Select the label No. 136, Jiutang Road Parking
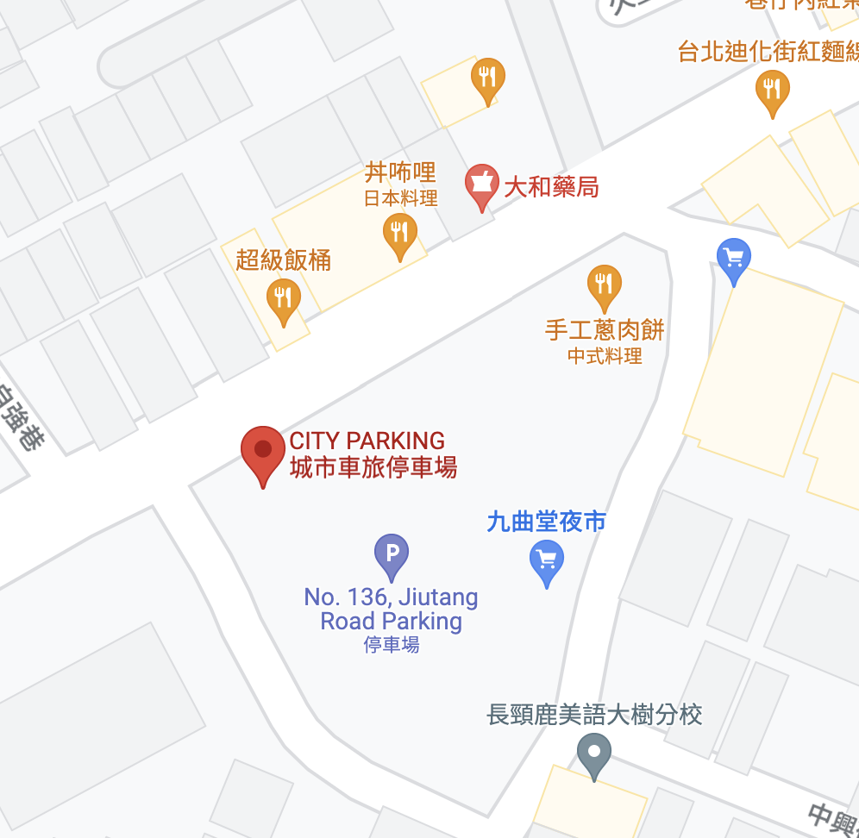pyautogui.click(x=392, y=609)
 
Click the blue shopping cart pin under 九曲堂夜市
pyautogui.click(x=546, y=561)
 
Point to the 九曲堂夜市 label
pyautogui.click(x=547, y=522)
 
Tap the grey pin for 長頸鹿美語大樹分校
pyautogui.click(x=593, y=754)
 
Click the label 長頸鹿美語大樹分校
pyautogui.click(x=595, y=715)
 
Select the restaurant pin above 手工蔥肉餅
pyautogui.click(x=604, y=285)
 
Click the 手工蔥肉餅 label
pyautogui.click(x=605, y=330)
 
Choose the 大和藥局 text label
pyautogui.click(x=551, y=187)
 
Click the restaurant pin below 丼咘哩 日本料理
pyautogui.click(x=399, y=234)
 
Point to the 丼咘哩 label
pyautogui.click(x=400, y=172)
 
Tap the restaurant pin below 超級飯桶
pyautogui.click(x=283, y=300)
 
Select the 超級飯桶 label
pyautogui.click(x=284, y=260)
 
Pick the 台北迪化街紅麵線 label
pyautogui.click(x=768, y=52)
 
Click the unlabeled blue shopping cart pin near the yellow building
pyautogui.click(x=734, y=259)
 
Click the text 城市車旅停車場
pyautogui.click(x=373, y=468)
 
